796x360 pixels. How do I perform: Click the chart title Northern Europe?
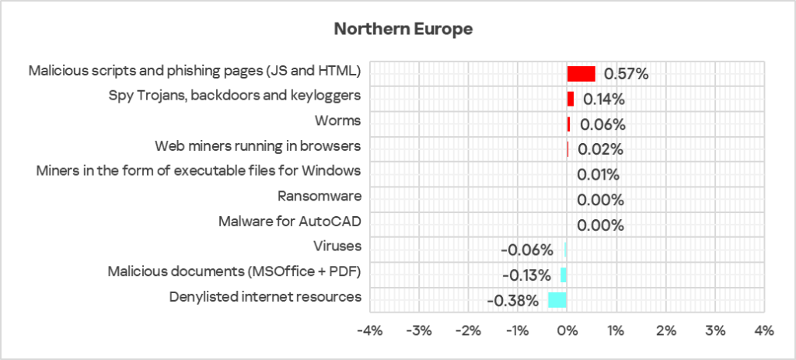click(x=403, y=30)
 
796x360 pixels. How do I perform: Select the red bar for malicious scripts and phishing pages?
click(x=581, y=74)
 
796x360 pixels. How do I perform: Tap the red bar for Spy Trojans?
click(x=571, y=99)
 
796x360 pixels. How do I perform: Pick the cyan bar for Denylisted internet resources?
click(x=557, y=300)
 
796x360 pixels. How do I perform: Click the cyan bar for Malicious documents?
click(x=564, y=275)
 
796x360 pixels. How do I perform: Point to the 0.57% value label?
click(x=626, y=75)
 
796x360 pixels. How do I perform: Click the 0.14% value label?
click(x=604, y=100)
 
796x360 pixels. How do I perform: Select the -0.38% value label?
click(x=512, y=301)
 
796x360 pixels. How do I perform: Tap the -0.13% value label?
click(x=526, y=276)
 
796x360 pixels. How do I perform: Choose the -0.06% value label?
click(x=527, y=250)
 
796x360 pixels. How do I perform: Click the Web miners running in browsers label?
click(x=258, y=146)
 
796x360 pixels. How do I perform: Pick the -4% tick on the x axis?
click(x=369, y=331)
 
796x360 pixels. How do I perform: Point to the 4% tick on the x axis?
click(x=764, y=331)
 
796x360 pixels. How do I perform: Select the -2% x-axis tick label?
click(x=468, y=331)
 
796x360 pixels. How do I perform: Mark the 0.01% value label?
click(x=598, y=175)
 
